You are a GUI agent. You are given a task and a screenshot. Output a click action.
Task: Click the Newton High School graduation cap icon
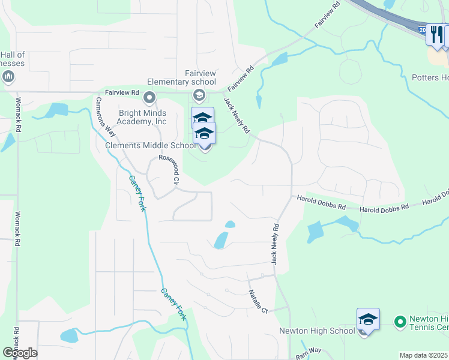(x=368, y=319)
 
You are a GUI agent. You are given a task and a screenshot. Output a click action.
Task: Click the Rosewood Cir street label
(x=169, y=170)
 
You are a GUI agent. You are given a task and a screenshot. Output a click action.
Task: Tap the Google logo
(x=19, y=353)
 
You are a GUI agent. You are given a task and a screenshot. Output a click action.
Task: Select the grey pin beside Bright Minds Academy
(x=149, y=97)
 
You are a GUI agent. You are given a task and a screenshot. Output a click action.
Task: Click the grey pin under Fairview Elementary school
(x=199, y=95)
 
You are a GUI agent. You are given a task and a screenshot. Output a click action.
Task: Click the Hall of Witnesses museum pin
(x=8, y=76)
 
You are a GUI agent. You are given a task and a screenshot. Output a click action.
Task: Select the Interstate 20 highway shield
(x=422, y=29)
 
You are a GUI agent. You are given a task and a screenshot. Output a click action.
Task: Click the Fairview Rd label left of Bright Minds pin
(x=122, y=92)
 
